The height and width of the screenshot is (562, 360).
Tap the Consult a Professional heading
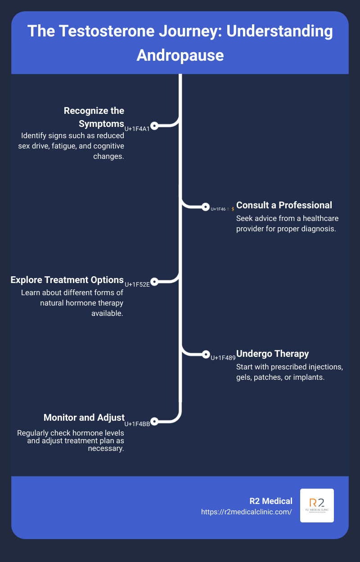click(x=284, y=205)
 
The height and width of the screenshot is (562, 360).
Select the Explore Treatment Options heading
click(x=67, y=280)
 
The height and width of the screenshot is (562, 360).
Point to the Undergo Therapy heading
click(x=272, y=353)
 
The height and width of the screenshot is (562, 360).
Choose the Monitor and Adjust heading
click(x=84, y=418)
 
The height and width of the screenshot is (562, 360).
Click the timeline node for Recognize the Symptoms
click(x=154, y=126)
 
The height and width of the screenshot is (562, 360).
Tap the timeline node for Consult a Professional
click(x=206, y=207)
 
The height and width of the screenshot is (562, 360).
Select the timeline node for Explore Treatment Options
click(x=154, y=282)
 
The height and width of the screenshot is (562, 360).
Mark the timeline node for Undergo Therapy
click(x=206, y=354)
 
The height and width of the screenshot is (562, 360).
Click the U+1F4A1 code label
click(x=137, y=129)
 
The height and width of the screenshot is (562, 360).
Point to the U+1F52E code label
click(x=137, y=284)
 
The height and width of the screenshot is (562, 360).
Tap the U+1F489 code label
click(x=223, y=358)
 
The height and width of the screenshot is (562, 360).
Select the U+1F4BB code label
click(x=137, y=423)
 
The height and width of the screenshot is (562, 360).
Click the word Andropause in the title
click(x=180, y=54)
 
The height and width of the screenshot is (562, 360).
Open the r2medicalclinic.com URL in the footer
click(x=247, y=512)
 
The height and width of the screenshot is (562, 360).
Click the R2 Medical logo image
click(x=317, y=505)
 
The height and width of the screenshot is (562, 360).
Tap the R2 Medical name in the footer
click(x=271, y=501)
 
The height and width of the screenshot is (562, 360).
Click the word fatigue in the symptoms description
click(x=78, y=146)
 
